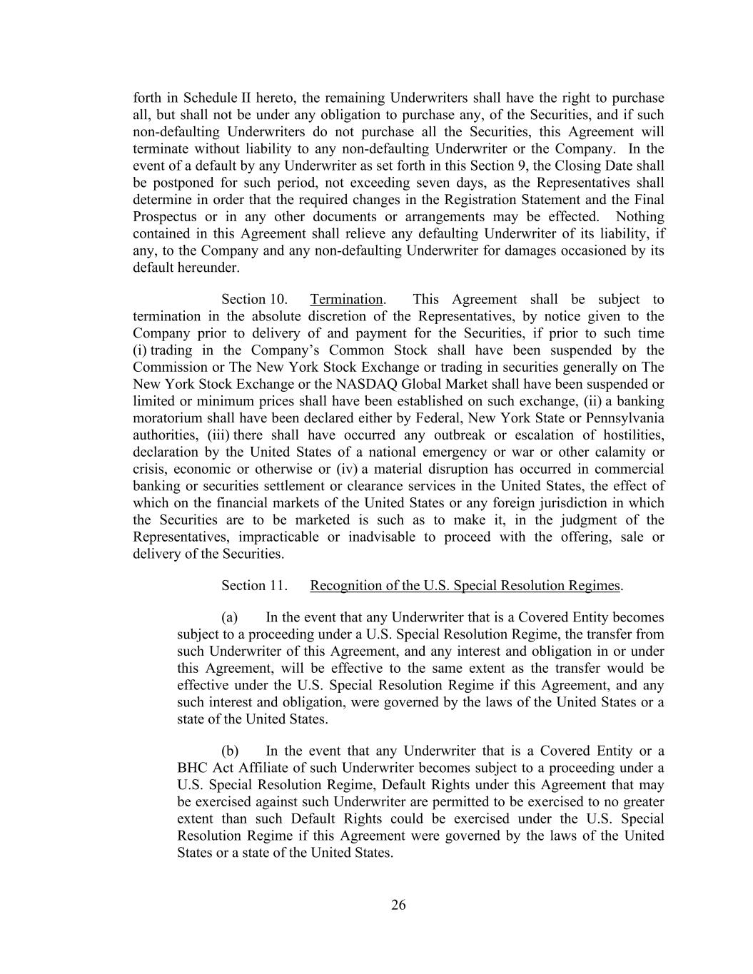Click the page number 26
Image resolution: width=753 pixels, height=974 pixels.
coord(398,905)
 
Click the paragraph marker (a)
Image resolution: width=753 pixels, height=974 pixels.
coord(229,617)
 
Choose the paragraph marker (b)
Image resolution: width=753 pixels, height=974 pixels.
coord(230,751)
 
